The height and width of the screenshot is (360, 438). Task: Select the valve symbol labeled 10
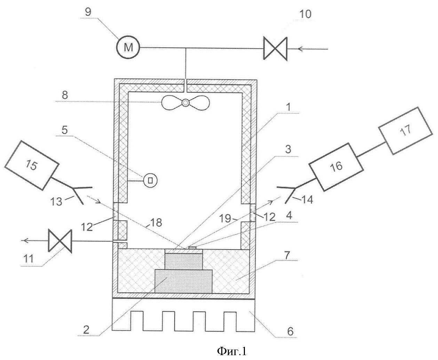coord(275,49)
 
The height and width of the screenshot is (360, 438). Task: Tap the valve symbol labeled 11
coord(60,241)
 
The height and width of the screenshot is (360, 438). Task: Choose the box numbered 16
coord(336,166)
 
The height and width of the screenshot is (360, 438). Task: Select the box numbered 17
coord(405,131)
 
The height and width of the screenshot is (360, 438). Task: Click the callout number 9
coord(88,12)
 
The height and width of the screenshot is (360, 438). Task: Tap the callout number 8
coord(65,95)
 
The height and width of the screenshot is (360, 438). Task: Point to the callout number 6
coord(290,332)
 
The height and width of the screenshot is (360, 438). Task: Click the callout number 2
coord(86,329)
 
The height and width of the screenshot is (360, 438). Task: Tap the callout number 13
coord(56,201)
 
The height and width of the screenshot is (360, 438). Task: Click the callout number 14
coord(307,200)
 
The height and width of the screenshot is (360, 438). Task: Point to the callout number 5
coord(65,130)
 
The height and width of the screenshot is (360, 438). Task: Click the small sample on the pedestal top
coord(192,247)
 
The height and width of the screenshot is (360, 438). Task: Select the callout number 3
coord(288,149)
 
